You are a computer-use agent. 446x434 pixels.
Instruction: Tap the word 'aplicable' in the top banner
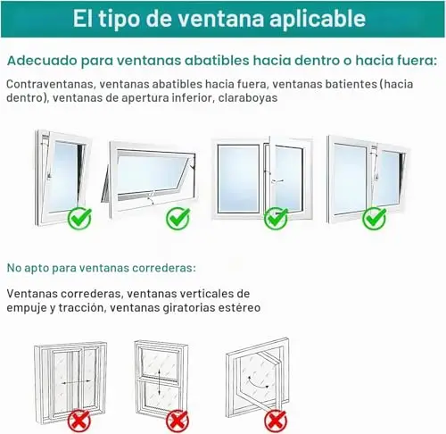(318, 20)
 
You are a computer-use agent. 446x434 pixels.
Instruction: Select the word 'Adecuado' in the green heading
(42, 61)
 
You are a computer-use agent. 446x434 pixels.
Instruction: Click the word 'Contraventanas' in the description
(50, 84)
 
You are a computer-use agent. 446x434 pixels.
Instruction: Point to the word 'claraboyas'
(248, 97)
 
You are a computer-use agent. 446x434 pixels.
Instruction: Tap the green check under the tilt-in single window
(79, 219)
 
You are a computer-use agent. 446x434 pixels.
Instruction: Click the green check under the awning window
(178, 219)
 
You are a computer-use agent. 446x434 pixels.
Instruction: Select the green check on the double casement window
(277, 219)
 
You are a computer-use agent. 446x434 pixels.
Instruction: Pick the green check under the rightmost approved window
(375, 219)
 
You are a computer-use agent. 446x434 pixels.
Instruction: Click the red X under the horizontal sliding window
(79, 421)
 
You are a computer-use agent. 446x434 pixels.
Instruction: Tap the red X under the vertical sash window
(178, 421)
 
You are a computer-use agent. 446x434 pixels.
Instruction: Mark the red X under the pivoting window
(276, 421)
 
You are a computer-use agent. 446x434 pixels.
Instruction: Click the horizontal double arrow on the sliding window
(77, 382)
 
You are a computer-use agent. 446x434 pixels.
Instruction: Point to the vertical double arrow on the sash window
(160, 381)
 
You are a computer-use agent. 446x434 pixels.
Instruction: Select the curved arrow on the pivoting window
(258, 383)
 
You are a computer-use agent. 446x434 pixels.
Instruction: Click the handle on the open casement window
(277, 180)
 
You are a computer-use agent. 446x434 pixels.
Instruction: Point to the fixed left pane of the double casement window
(238, 179)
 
